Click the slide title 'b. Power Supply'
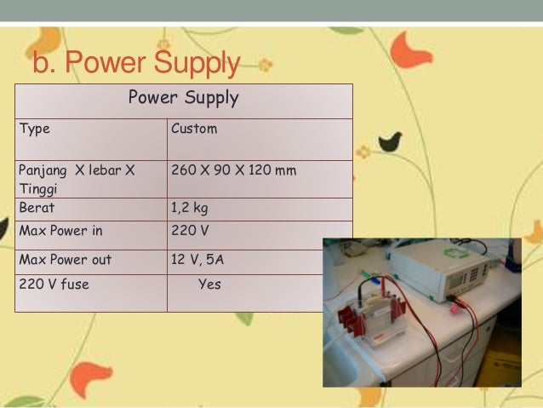click(136, 64)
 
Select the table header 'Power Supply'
click(183, 98)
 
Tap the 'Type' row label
click(34, 129)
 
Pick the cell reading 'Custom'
click(194, 129)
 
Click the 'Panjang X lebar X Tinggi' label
click(77, 179)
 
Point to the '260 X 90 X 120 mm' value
click(234, 170)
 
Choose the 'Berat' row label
click(37, 207)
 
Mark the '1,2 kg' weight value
click(190, 207)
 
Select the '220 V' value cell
click(190, 230)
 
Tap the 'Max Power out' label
click(65, 260)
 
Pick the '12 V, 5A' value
click(198, 260)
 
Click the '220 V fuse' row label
click(54, 284)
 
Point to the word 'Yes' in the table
click(209, 284)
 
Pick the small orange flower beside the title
click(266, 63)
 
